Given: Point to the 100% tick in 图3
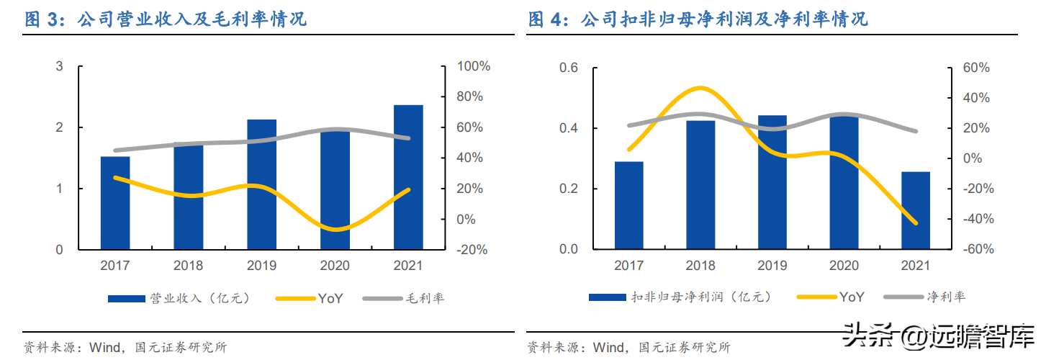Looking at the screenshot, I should click(474, 66).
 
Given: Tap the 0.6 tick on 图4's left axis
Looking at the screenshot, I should click(569, 68).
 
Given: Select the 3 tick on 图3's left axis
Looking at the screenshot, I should click(60, 66).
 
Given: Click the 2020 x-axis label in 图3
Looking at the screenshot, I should click(335, 266).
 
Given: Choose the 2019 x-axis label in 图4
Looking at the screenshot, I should click(772, 266).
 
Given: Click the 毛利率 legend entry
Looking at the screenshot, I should click(425, 298).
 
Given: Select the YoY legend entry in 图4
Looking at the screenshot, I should click(851, 297).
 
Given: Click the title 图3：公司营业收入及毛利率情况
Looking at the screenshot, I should click(166, 19).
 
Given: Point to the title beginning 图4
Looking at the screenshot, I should click(698, 19).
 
